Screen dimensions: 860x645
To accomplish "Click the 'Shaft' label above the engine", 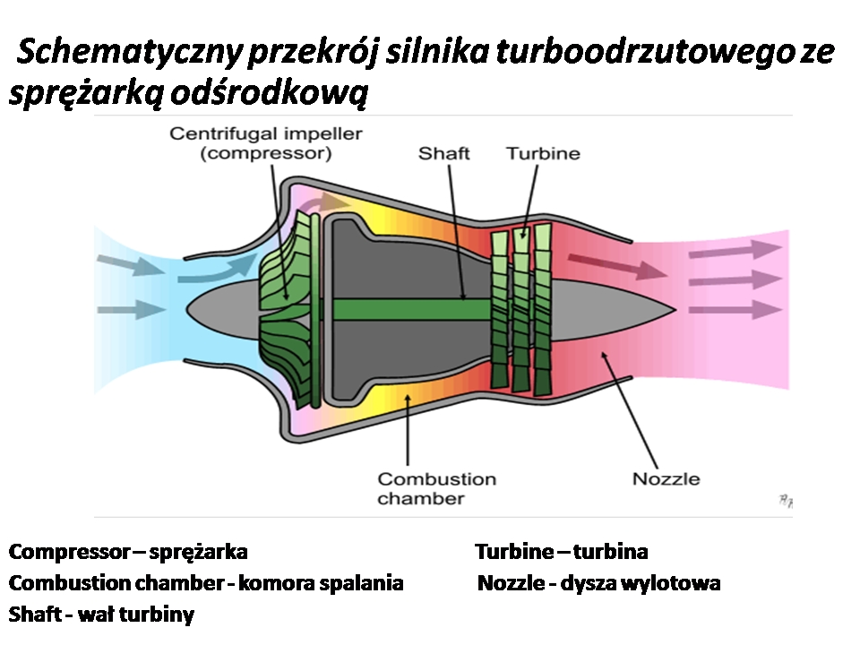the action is tap(443, 153).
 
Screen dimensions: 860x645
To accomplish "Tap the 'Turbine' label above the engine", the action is tap(543, 153).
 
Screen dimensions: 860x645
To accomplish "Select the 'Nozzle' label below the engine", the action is tap(666, 478).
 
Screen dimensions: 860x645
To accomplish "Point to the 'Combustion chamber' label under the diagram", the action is tap(436, 489).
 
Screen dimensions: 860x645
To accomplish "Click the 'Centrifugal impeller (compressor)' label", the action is tap(266, 143).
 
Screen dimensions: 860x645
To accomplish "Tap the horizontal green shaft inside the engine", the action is tap(411, 309).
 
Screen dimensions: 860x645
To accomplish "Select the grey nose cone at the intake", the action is tap(223, 309).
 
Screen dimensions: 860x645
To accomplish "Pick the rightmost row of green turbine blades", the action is tap(543, 309).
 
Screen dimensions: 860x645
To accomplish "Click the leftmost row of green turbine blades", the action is tap(500, 310).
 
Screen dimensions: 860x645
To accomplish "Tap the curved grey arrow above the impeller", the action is tap(323, 203).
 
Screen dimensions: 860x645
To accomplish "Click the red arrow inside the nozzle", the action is tap(617, 266).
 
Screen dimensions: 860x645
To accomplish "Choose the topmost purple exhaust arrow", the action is tap(735, 250).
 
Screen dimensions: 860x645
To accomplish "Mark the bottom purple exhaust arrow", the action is tap(735, 310).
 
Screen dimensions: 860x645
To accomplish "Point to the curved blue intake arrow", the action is tap(218, 270).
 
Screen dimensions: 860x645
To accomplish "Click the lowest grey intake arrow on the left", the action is tap(132, 310).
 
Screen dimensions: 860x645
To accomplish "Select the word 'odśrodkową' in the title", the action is tap(269, 92).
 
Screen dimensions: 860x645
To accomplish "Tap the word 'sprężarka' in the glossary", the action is tap(199, 553).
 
